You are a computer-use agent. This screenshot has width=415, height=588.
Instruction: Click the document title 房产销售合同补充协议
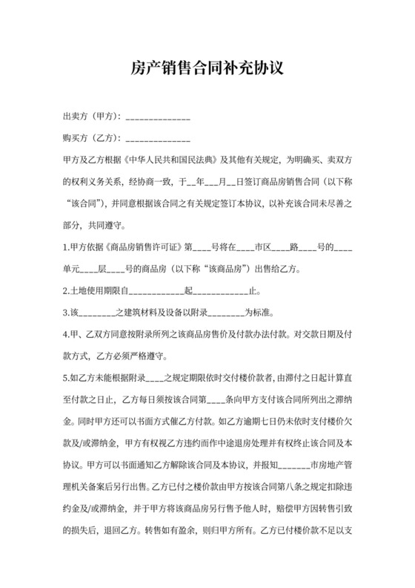point(207,68)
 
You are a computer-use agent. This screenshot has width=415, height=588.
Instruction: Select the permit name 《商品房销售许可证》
point(145,246)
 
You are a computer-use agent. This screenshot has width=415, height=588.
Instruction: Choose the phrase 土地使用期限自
point(101,290)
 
